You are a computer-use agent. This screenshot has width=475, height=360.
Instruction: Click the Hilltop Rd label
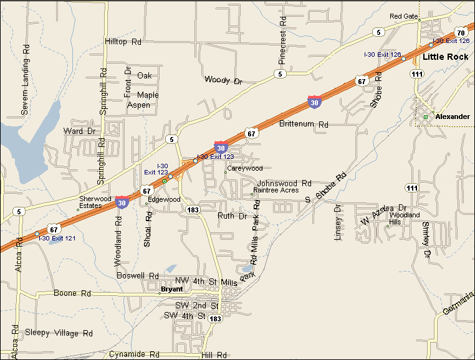pos(123,42)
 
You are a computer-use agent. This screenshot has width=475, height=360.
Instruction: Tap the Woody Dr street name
pos(223,80)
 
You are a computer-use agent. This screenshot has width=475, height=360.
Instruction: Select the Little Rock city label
pos(445,57)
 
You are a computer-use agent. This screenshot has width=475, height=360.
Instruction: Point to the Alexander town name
pos(453,116)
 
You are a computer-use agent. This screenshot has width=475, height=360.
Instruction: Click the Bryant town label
pos(172,289)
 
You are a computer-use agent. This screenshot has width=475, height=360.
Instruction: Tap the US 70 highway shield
pos(461,32)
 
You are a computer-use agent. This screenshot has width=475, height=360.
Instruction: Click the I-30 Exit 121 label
pos(57,239)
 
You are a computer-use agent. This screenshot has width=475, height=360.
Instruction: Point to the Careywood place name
pos(245,169)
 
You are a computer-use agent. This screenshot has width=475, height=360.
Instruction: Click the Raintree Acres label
pos(276,190)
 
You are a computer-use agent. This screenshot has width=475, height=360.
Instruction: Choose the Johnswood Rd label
pos(284,184)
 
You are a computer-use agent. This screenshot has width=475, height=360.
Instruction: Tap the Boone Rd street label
pos(72,293)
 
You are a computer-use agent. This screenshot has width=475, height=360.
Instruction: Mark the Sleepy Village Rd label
pos(59,333)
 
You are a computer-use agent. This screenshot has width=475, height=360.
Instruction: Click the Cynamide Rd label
pos(134,354)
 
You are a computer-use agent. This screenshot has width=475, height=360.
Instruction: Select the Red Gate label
pos(403,16)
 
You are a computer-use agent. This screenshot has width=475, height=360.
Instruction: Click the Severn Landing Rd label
pos(25,79)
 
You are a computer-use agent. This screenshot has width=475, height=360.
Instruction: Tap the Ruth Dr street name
pos(232,216)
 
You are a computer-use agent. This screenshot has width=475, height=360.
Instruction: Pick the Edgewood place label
pos(165,199)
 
